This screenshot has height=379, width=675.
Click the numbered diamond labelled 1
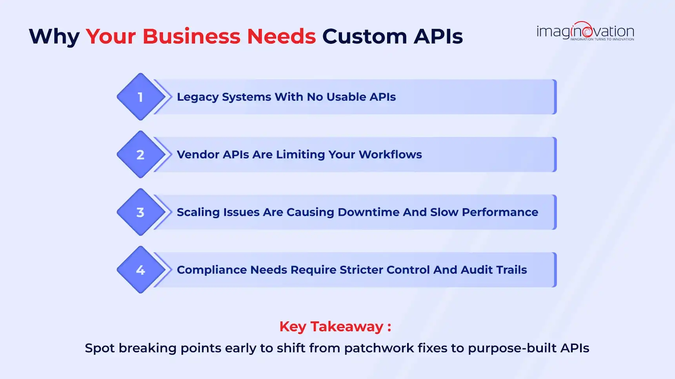point(140,97)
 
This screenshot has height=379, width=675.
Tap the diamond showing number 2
point(140,155)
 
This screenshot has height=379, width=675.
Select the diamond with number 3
point(140,212)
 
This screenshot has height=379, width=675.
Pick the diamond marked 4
point(140,270)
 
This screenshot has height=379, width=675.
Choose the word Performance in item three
point(500,212)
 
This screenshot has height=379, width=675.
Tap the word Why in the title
point(54,37)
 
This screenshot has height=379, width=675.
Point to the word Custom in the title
point(365,36)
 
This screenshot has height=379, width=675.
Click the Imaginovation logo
point(585,31)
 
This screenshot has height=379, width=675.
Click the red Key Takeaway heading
point(335,327)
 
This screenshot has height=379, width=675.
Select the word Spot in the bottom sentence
point(100,348)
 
